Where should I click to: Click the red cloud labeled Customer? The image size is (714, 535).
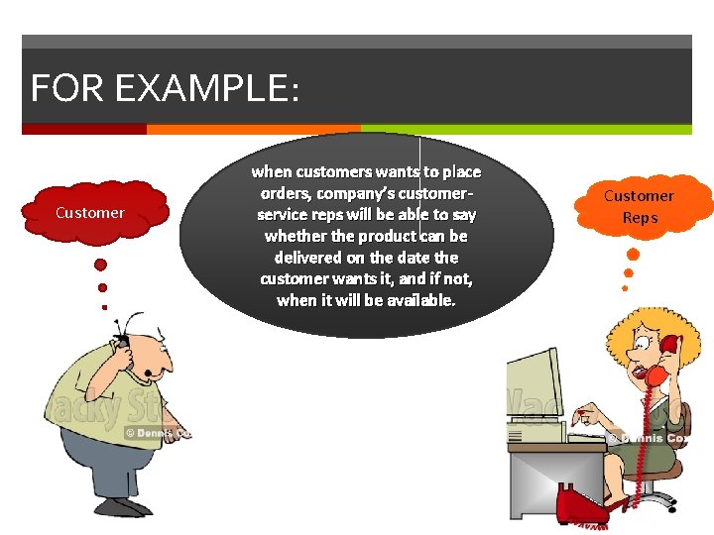[90, 213]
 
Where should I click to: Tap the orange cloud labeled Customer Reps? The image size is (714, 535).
[640, 206]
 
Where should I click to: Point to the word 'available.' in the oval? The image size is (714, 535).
[414, 299]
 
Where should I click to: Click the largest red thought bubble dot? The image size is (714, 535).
[100, 266]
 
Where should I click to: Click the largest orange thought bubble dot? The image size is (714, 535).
[633, 255]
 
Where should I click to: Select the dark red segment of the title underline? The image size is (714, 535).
[84, 129]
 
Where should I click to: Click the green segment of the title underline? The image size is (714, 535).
[526, 129]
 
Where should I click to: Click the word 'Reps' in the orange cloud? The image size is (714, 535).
[640, 218]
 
